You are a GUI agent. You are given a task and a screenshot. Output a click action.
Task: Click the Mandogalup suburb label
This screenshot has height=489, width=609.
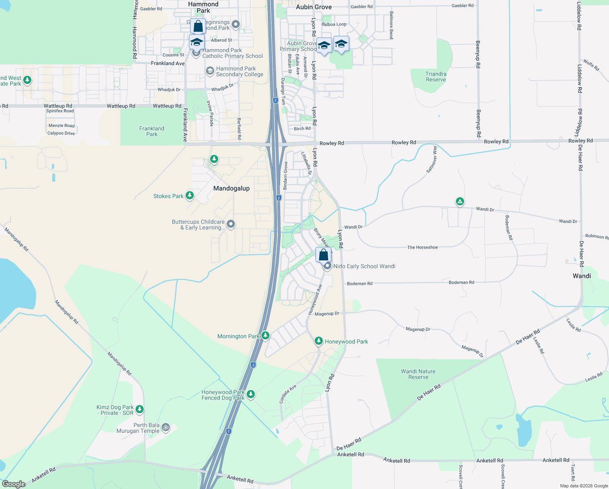231,188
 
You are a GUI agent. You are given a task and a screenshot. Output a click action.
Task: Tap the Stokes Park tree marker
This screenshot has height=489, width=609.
190,196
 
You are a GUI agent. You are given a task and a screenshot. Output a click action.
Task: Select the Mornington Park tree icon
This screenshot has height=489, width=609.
265,335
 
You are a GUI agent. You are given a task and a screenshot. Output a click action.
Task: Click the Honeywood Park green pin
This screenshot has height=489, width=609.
319,341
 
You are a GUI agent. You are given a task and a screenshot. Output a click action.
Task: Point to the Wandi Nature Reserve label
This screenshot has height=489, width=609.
418,374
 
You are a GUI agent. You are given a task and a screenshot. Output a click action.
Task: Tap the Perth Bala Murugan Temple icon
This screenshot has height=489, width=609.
165,427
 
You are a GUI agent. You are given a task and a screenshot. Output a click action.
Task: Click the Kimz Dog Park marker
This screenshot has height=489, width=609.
140,409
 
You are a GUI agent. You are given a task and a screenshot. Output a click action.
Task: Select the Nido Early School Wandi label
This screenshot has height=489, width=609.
364,266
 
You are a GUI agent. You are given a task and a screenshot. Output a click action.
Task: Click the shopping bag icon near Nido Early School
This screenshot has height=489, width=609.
323,255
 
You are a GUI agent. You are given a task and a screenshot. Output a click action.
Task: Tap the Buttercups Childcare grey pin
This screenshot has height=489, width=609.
231,224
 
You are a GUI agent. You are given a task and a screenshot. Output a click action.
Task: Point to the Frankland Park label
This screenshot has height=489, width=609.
152,131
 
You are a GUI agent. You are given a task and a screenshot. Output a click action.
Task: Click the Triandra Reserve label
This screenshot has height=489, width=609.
436,77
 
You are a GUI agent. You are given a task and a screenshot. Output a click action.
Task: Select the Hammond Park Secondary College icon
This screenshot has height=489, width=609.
210,71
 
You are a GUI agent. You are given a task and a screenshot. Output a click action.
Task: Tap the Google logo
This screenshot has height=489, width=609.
14,484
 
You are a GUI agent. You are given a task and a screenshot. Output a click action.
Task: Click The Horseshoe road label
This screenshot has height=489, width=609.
423,247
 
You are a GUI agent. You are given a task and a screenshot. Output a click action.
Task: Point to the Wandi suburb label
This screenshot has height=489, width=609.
582,276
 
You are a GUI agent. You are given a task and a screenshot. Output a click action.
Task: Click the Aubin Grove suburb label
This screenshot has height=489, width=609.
314,7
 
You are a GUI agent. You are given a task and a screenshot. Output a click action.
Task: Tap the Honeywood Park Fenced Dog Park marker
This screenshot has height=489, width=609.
251,394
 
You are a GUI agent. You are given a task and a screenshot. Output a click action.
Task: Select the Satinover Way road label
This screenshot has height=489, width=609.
432,159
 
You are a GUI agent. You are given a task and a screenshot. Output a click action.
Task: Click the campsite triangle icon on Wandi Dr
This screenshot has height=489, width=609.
460,201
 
